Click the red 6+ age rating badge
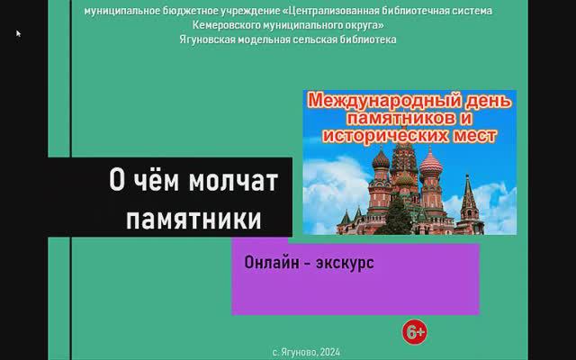(415, 333)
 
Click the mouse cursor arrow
(18, 33)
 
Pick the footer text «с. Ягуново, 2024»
(306, 353)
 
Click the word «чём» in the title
(159, 181)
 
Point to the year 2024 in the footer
(329, 353)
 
